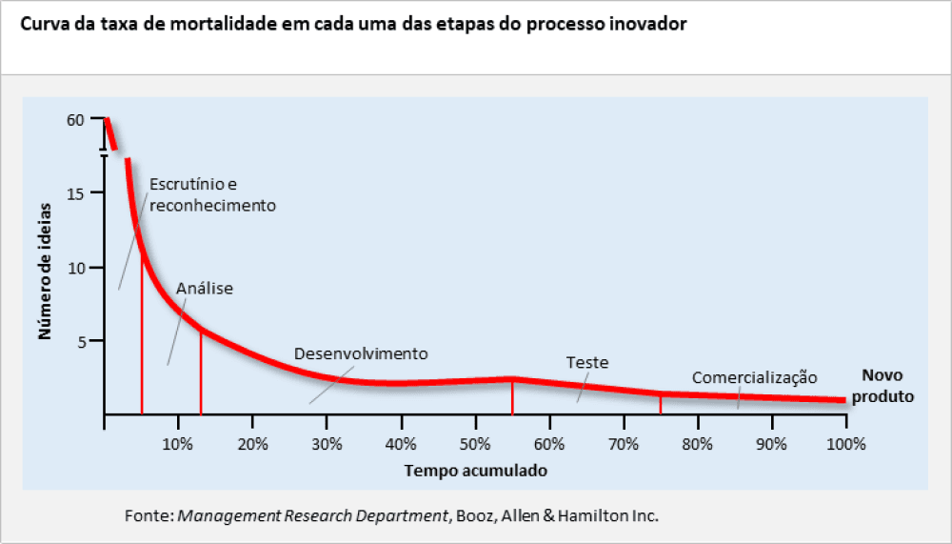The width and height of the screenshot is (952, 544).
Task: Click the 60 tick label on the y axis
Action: coord(76,120)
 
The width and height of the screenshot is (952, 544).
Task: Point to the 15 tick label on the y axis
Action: coord(76,193)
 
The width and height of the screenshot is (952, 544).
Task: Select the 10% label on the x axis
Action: coord(178,444)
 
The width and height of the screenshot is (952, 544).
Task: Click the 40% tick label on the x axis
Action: coord(401,444)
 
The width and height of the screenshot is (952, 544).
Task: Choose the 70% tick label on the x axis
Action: coord(624,444)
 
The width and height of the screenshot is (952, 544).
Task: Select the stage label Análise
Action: coord(205,288)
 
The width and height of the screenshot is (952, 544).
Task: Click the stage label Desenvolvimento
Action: coord(361,353)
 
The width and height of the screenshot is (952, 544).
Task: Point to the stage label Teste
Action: coord(587,363)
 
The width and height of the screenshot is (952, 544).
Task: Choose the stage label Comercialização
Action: coord(754,377)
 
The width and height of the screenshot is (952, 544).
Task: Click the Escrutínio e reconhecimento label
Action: coord(212,195)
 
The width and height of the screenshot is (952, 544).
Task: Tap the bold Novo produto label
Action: coord(882,386)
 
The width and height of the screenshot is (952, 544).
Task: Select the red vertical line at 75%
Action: coord(661,404)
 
